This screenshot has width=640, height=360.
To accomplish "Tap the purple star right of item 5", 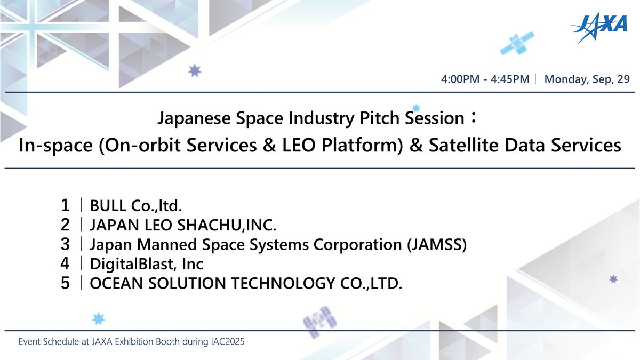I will point(613,279).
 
